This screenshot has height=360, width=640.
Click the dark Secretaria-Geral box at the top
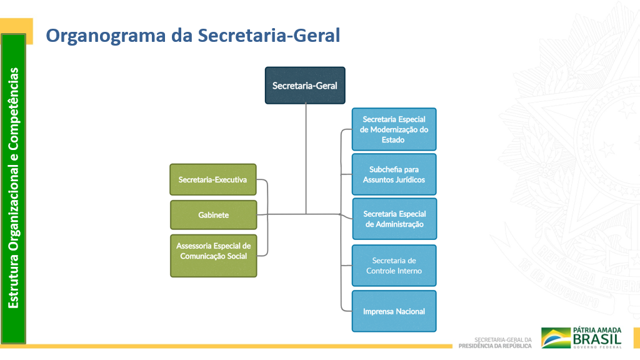click(x=305, y=85)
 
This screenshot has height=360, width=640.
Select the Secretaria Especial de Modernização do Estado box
click(x=394, y=129)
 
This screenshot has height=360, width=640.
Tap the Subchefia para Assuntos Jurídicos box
click(x=394, y=174)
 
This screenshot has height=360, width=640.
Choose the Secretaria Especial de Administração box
click(x=394, y=219)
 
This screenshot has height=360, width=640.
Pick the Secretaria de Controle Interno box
click(x=394, y=266)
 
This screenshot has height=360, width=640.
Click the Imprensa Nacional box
click(x=394, y=311)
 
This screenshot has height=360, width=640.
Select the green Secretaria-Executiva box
click(x=213, y=179)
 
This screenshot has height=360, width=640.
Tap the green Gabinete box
click(x=213, y=215)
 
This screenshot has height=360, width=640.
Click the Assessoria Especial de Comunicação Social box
click(x=213, y=251)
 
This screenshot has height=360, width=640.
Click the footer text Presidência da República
click(x=495, y=346)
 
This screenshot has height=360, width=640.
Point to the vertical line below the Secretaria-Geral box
click(x=306, y=156)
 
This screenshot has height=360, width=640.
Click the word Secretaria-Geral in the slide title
click(x=269, y=36)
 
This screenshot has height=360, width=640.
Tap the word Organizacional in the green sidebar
click(x=14, y=200)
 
